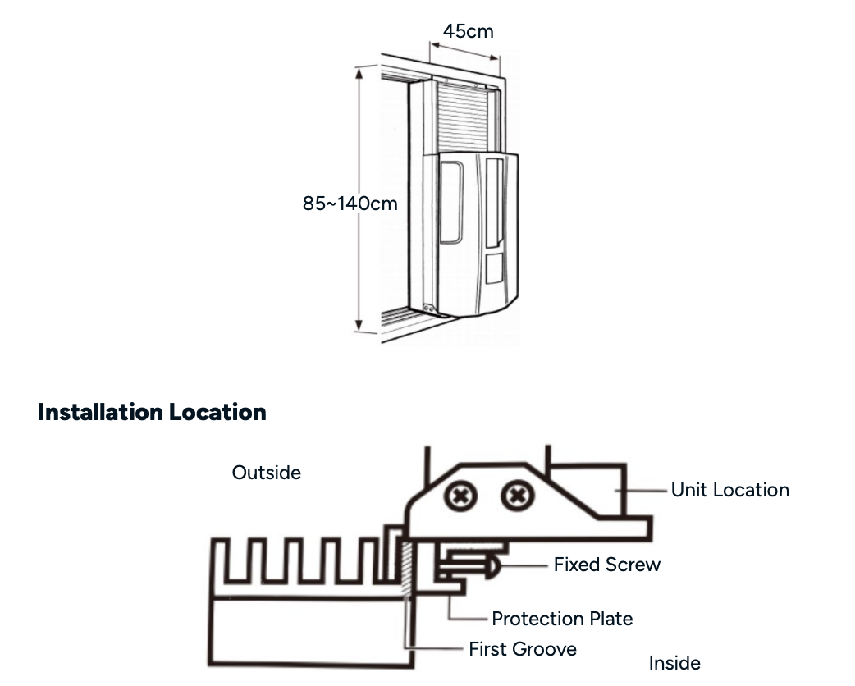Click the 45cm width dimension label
pyautogui.click(x=469, y=31)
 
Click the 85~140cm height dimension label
pyautogui.click(x=350, y=203)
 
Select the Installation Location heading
pyautogui.click(x=152, y=412)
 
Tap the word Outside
pyautogui.click(x=266, y=473)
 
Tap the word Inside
pyautogui.click(x=674, y=663)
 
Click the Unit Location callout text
pyautogui.click(x=729, y=490)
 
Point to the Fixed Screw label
pyautogui.click(x=606, y=565)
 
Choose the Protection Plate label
pyautogui.click(x=562, y=619)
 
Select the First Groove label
pyautogui.click(x=522, y=649)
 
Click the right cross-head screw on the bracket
pyautogui.click(x=516, y=495)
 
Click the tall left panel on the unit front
pyautogui.click(x=451, y=202)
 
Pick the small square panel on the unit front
pyautogui.click(x=494, y=268)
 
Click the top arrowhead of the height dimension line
pyautogui.click(x=359, y=72)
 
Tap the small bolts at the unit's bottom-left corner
pyautogui.click(x=427, y=308)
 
